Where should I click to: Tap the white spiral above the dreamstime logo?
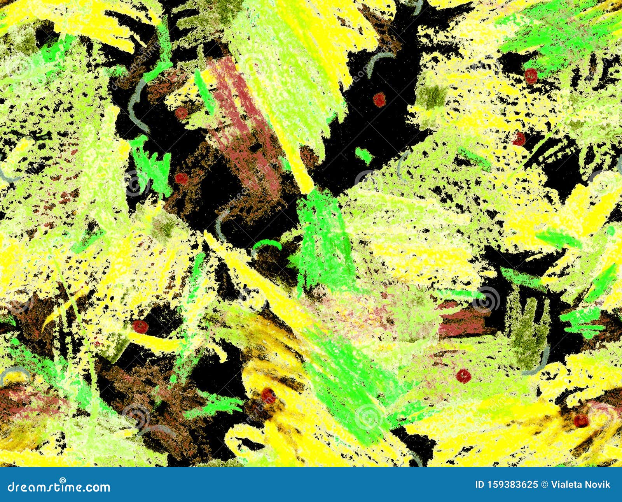pos(62,479)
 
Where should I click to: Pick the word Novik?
pos(599,484)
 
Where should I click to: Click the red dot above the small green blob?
pos(379,100)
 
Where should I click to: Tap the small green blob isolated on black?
pos(364,155)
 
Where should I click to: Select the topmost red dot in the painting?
pos(531,76)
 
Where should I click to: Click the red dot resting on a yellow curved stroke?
pos(268,395)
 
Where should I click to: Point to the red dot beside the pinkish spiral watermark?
pos(581,420)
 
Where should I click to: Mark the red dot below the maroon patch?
pos(463,376)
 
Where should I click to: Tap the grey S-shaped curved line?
pos(134,101)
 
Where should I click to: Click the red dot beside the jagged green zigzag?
pos(181,178)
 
